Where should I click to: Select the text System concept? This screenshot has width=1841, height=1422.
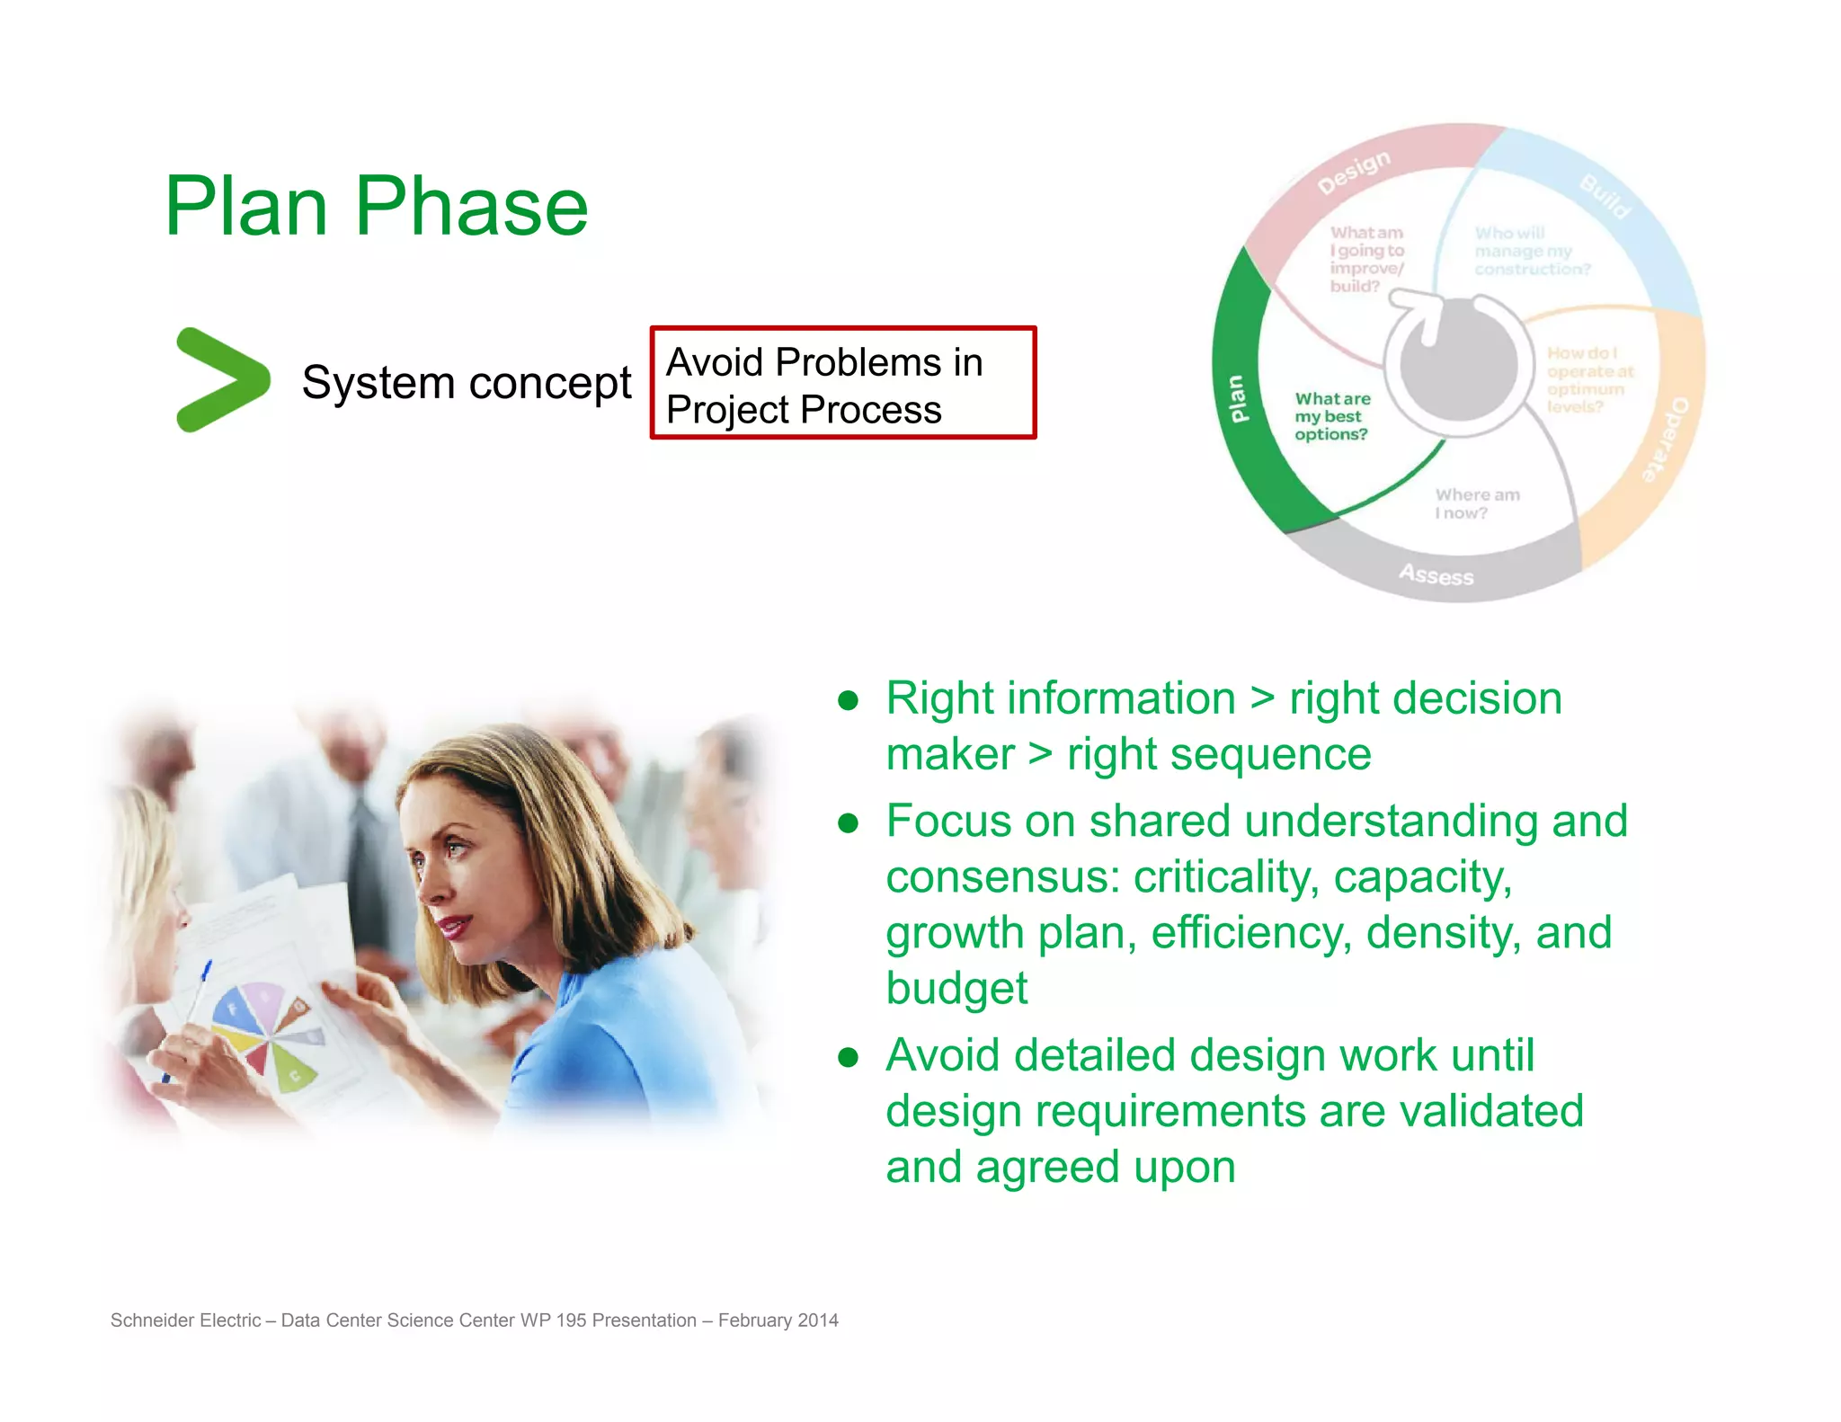pyautogui.click(x=466, y=383)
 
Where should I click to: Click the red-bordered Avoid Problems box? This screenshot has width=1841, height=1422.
pyautogui.click(x=842, y=384)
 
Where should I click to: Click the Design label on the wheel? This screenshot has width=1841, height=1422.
pyautogui.click(x=1353, y=172)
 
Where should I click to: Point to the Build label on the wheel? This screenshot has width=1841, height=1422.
pyautogui.click(x=1605, y=197)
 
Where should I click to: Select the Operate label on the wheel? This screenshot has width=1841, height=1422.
pyautogui.click(x=1666, y=440)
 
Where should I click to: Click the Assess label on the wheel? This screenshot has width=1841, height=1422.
pyautogui.click(x=1436, y=574)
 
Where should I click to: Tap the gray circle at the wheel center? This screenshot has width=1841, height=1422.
pyautogui.click(x=1458, y=369)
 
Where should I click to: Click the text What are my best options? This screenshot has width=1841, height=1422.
pyautogui.click(x=1332, y=416)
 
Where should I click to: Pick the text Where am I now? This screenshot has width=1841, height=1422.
pyautogui.click(x=1476, y=504)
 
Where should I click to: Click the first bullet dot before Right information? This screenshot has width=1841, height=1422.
pyautogui.click(x=848, y=700)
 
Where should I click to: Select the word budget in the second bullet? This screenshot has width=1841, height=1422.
pyautogui.click(x=956, y=989)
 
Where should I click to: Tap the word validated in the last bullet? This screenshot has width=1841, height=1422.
pyautogui.click(x=1491, y=1112)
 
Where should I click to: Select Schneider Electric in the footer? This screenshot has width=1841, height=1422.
pyautogui.click(x=185, y=1320)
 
